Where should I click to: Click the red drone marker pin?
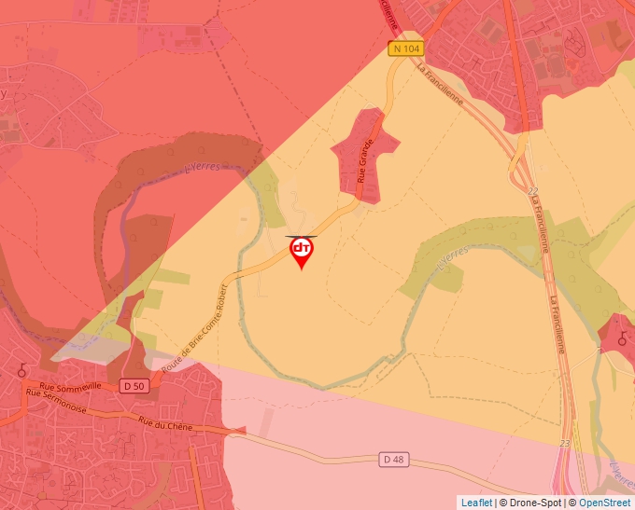pyautogui.click(x=302, y=250)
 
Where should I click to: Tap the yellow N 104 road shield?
pyautogui.click(x=404, y=48)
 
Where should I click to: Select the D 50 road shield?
pyautogui.click(x=134, y=385)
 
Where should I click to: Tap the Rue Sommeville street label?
pyautogui.click(x=70, y=385)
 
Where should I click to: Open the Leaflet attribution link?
pyautogui.click(x=476, y=503)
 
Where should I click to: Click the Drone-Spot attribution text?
pyautogui.click(x=530, y=503)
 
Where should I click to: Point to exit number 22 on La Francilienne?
pyautogui.click(x=533, y=191)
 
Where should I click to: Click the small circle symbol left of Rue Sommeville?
pyautogui.click(x=21, y=370)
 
